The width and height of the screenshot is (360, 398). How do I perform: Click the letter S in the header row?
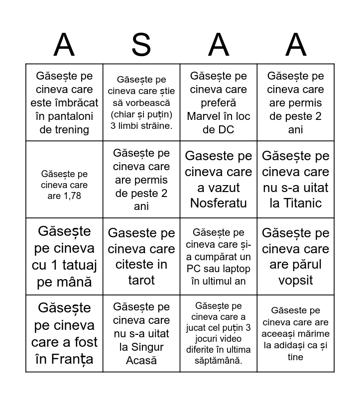click(x=141, y=45)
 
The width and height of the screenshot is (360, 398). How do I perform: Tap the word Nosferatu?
click(x=218, y=203)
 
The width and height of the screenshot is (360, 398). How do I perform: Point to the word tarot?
click(x=141, y=280)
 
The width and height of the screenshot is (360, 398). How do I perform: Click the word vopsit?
click(x=296, y=280)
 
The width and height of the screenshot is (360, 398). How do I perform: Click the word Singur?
click(x=141, y=347)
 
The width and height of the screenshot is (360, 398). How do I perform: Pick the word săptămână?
click(x=219, y=361)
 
